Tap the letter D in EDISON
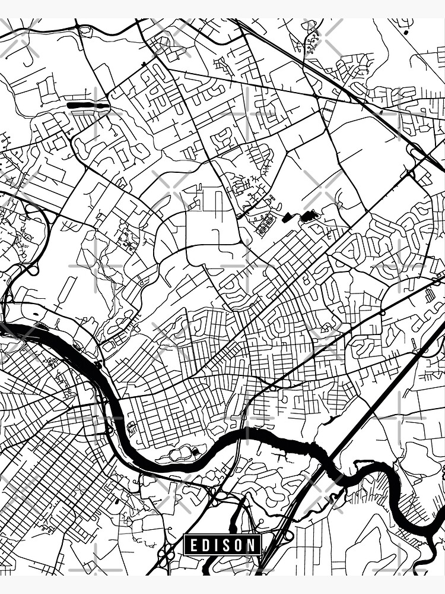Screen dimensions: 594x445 (x=205, y=544)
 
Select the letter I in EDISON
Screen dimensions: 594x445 (x=216, y=544)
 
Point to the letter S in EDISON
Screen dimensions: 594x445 (x=227, y=544)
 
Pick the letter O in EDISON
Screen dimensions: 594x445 (x=239, y=544)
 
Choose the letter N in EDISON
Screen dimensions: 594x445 (x=252, y=544)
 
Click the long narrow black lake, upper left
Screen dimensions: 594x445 (x=88, y=105)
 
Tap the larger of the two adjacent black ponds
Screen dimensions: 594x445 (x=309, y=216)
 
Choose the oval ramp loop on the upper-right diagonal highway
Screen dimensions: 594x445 (x=417, y=153)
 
